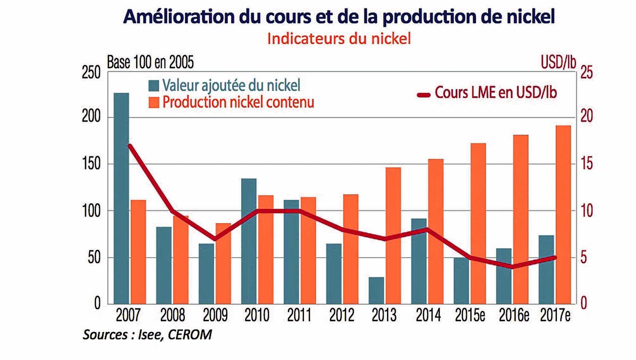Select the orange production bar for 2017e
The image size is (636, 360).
pyautogui.click(x=563, y=214)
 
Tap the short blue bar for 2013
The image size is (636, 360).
pyautogui.click(x=376, y=290)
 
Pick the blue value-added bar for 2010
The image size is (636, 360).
pyautogui.click(x=249, y=241)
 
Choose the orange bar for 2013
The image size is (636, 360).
pyautogui.click(x=393, y=235)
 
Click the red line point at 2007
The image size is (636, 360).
pyautogui.click(x=129, y=146)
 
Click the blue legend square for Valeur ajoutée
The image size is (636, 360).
pyautogui.click(x=154, y=85)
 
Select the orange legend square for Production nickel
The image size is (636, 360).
pyautogui.click(x=154, y=103)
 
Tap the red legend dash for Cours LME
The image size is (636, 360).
pyautogui.click(x=424, y=95)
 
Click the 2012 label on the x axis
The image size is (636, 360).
pyautogui.click(x=342, y=315)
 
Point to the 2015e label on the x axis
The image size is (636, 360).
pyautogui.click(x=470, y=315)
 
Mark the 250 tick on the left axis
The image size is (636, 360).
pyautogui.click(x=91, y=73)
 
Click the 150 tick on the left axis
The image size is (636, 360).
pyautogui.click(x=91, y=164)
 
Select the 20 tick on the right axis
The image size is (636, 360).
pyautogui.click(x=587, y=117)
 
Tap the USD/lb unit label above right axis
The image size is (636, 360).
pyautogui.click(x=558, y=62)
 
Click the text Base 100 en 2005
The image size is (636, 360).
pyautogui.click(x=150, y=62)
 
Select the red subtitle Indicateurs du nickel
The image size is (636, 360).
pyautogui.click(x=339, y=39)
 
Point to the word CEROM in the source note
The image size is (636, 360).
pyautogui.click(x=190, y=335)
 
